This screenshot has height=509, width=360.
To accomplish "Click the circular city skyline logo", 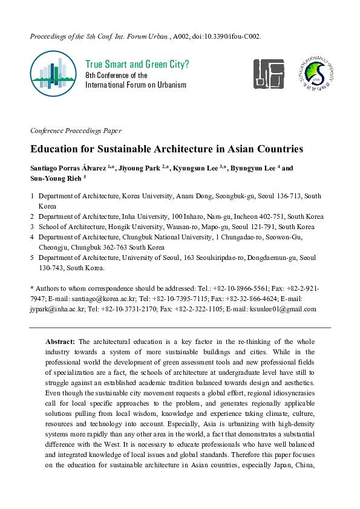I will (x=54, y=74).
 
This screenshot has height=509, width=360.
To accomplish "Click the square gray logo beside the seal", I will (x=268, y=74).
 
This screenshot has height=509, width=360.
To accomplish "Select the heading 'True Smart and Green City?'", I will (x=137, y=64).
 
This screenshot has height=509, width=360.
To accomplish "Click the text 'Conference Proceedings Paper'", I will (x=75, y=131).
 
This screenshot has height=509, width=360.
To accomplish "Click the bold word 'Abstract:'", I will (x=61, y=342).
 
